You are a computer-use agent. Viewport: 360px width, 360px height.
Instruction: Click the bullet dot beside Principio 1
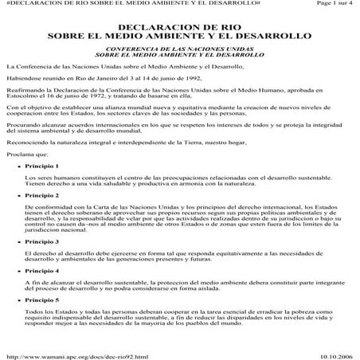tap(19, 165)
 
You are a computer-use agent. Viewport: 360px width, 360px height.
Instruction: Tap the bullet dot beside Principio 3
tap(19, 240)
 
